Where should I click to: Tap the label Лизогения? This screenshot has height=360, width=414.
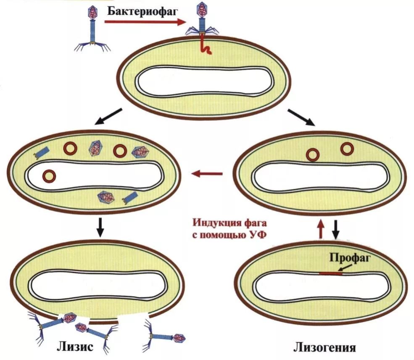point(325,348)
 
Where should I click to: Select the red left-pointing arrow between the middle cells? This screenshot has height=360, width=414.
point(207,173)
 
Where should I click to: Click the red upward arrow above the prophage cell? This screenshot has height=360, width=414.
point(320,230)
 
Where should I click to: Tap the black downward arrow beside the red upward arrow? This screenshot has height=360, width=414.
point(335,230)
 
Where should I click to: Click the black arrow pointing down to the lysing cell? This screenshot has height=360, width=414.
point(100,227)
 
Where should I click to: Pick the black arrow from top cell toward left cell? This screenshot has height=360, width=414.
point(108,116)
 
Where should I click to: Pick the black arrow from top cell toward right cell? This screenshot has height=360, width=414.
point(301,117)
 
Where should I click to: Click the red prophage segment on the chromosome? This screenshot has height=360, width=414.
point(330,273)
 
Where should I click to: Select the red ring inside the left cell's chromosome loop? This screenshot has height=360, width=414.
point(50,175)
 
